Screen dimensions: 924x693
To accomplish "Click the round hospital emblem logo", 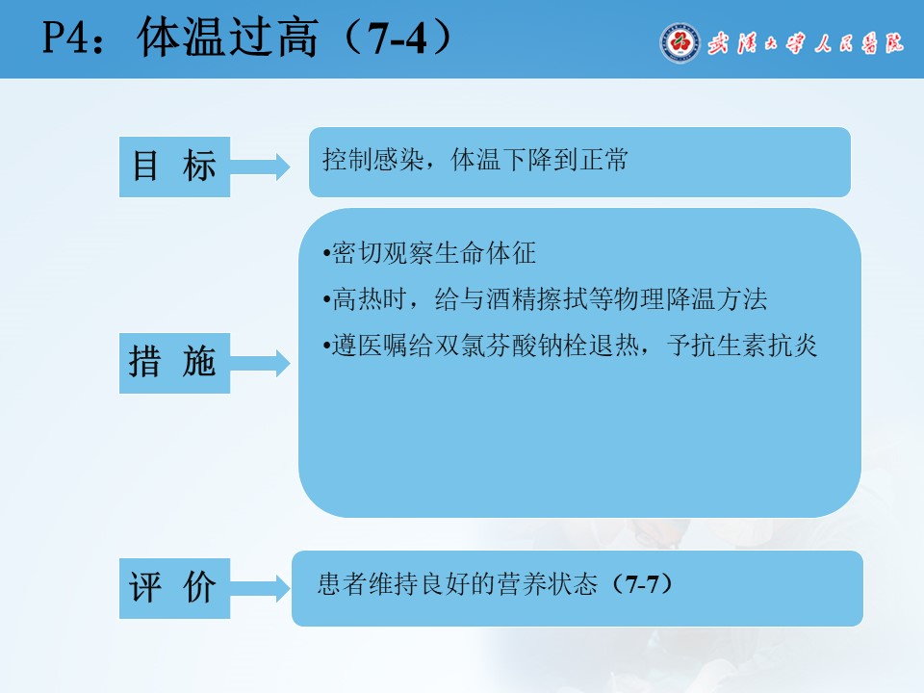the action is coord(680,42).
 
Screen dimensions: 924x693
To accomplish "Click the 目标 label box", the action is coord(174,167).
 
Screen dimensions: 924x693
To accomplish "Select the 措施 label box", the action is coord(174,363).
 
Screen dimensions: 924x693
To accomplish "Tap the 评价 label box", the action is coord(174,588).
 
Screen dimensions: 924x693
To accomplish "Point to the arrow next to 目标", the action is coord(260,167).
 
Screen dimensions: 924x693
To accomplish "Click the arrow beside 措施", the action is coord(260,363).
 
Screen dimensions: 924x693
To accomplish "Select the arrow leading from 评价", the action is coord(260,587).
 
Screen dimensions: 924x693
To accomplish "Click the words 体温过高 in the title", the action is coord(228,38).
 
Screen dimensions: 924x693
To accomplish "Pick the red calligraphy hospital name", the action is coord(805,43).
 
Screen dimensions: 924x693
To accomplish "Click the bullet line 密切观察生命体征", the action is coord(429,253).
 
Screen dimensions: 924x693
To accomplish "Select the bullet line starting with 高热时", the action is coord(545,298).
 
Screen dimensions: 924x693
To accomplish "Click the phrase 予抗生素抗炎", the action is coord(742,346).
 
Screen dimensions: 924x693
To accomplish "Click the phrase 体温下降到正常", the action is coord(540,160).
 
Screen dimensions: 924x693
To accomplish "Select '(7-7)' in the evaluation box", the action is coord(642,584).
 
